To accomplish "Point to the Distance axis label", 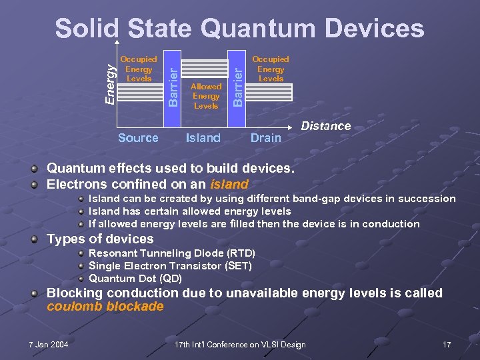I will tap(326, 126).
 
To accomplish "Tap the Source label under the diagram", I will tap(138, 138).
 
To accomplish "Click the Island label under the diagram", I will tap(203, 138).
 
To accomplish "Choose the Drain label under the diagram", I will tap(265, 138).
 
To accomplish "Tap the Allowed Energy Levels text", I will tap(205, 96).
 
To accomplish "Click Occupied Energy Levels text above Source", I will tap(139, 69).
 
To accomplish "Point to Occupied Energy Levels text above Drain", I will tap(271, 69).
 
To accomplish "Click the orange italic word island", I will tap(229, 184).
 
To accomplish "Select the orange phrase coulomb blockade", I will tap(105, 307).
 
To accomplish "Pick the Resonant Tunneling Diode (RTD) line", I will tap(172, 253).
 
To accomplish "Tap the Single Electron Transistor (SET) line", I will tap(170, 266).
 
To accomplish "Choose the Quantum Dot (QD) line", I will tap(135, 279).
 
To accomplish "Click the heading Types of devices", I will tap(100, 239).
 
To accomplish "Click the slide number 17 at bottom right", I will tap(447, 345).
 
